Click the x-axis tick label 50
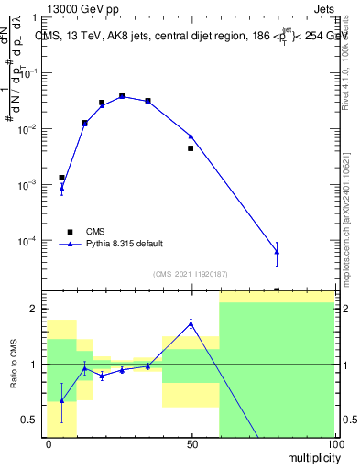click(x=191, y=443)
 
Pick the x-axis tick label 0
click(x=49, y=443)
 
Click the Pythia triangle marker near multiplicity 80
click(x=277, y=252)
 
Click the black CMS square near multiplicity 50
click(x=191, y=148)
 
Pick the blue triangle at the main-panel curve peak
click(x=122, y=96)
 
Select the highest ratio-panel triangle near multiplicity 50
click(x=191, y=322)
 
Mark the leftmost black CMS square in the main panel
click(x=61, y=178)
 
